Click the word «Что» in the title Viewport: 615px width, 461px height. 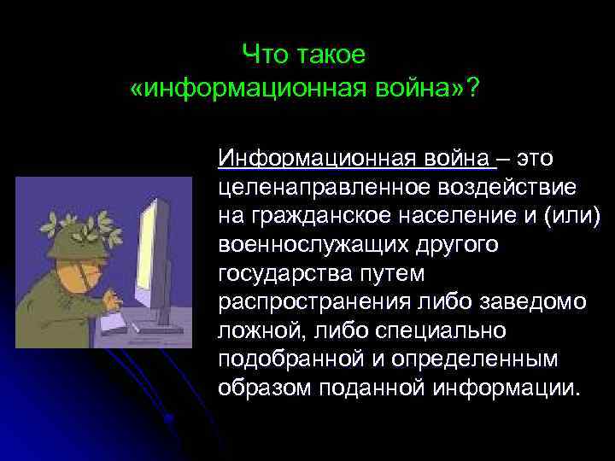(265, 55)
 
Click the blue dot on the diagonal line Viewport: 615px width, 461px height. (168, 417)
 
